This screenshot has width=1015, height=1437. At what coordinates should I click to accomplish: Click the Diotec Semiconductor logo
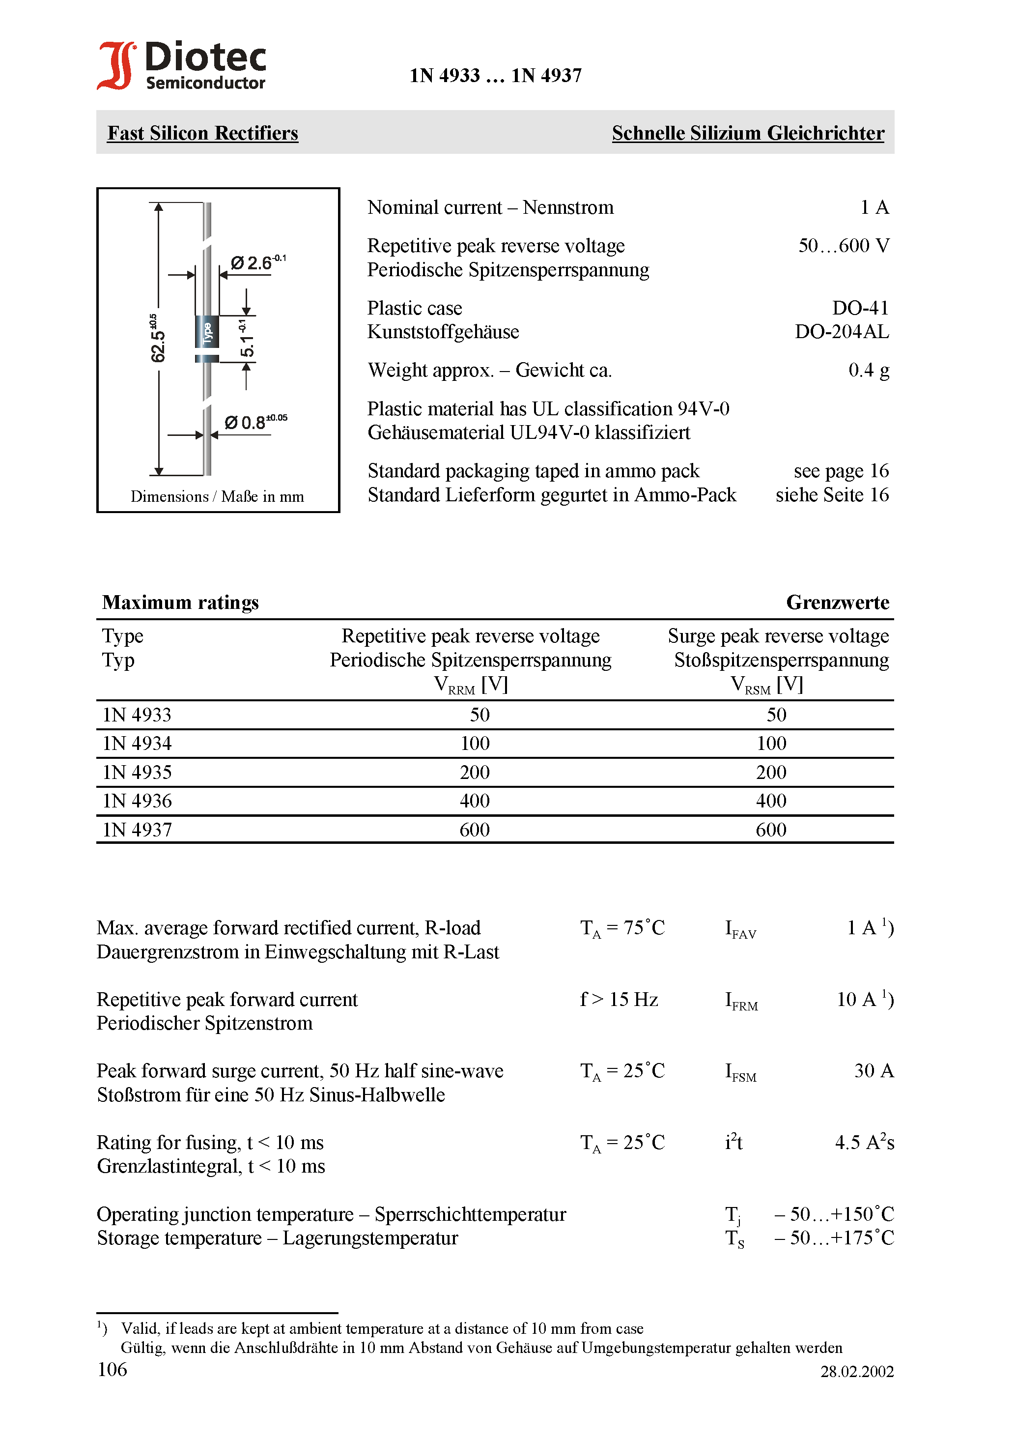[x=181, y=65]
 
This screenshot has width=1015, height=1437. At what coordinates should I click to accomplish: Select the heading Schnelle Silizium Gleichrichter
[x=748, y=133]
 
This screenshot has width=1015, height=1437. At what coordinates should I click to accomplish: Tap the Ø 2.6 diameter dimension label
[x=256, y=262]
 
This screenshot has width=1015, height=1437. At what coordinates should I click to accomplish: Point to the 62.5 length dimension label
[x=158, y=339]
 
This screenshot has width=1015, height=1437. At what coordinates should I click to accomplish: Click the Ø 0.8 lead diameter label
[x=254, y=422]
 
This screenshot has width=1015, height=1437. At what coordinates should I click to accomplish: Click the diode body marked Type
[x=207, y=332]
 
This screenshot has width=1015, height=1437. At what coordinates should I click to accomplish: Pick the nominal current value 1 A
[x=874, y=207]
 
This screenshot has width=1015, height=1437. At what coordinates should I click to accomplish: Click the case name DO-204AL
[x=841, y=332]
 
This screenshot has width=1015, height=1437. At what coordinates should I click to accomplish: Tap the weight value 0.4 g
[x=868, y=370]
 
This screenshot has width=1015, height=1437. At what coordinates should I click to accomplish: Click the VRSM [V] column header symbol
[x=766, y=685]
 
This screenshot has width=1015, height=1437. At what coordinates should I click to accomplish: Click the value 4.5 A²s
[x=864, y=1142]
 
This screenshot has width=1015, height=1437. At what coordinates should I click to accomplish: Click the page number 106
[x=113, y=1369]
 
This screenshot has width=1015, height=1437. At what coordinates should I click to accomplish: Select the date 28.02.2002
[x=857, y=1371]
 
